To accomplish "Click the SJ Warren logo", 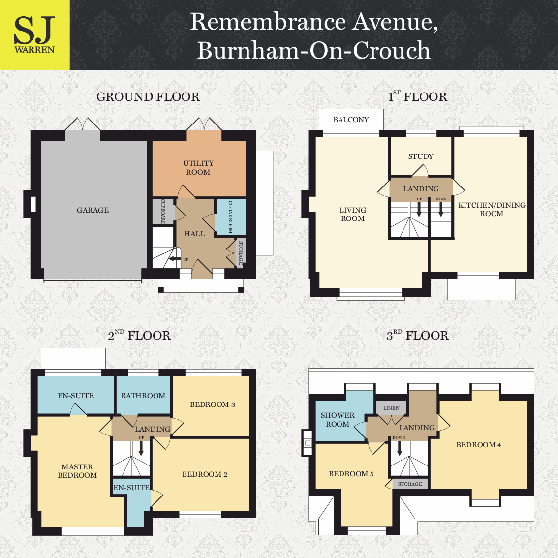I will tap(34, 35).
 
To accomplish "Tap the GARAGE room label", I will tap(93, 210).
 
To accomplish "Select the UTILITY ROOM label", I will tap(198, 168).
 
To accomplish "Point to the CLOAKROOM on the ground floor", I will tap(230, 217).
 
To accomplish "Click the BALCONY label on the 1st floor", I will tap(351, 120).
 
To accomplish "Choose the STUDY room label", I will tap(421, 156).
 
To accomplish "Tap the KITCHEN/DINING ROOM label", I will tap(492, 209).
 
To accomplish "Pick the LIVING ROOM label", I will tap(353, 214).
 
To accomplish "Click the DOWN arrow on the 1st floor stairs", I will tap(441, 209).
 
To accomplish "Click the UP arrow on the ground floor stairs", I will tap(173, 259).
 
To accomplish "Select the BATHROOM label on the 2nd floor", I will tap(143, 396).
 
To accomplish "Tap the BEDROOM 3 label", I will tap(213, 404).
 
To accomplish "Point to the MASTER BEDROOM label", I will tap(77, 471).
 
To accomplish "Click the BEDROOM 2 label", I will tap(205, 474).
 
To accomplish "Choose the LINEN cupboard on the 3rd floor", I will tap(392, 408).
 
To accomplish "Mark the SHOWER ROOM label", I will tap(338, 420).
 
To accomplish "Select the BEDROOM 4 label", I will tap(479, 445).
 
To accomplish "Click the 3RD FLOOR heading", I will tap(417, 336).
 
